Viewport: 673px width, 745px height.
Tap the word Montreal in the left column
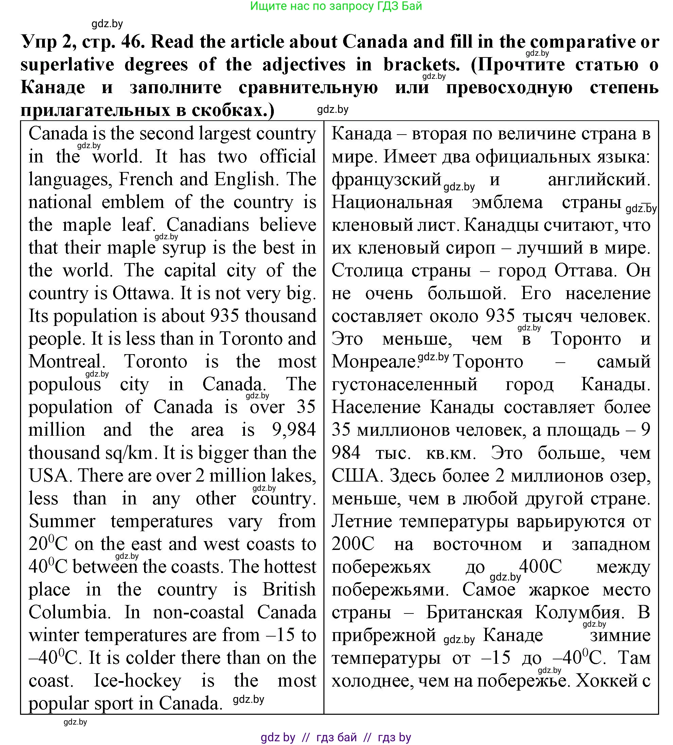click(65, 362)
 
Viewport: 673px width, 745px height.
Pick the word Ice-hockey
click(137, 681)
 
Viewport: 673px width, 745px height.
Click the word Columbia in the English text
click(69, 612)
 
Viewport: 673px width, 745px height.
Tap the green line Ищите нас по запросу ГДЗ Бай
click(336, 6)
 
